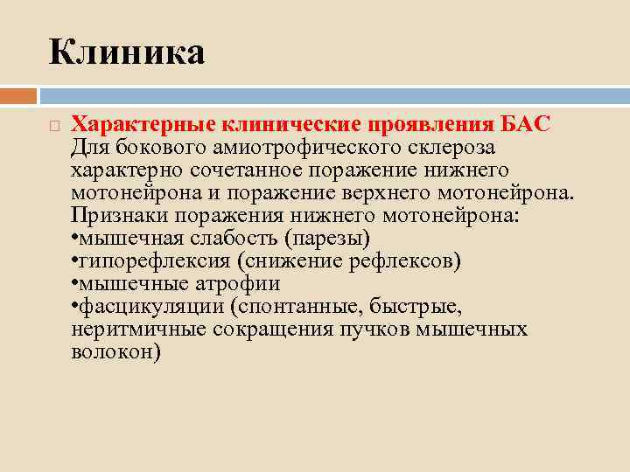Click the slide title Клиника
tap(127, 52)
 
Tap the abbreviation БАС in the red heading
tap(525, 125)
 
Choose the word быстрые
tap(426, 306)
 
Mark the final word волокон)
tap(115, 351)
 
